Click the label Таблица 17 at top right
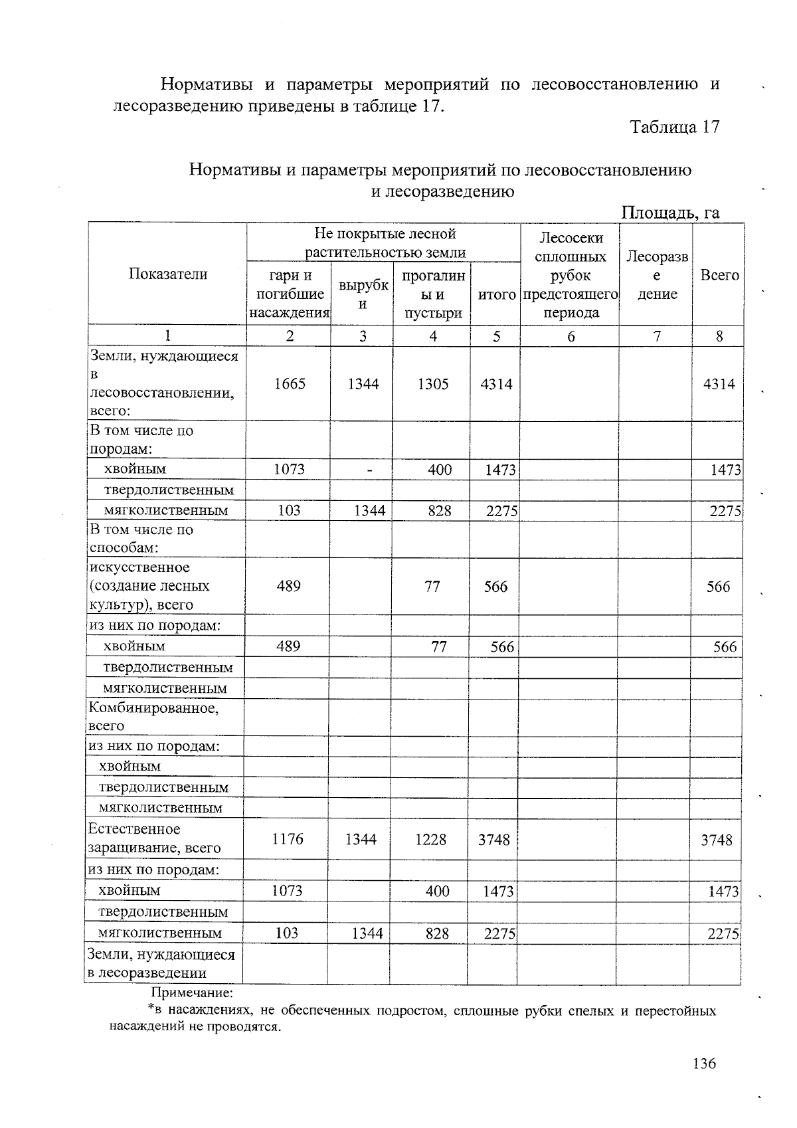pos(674,128)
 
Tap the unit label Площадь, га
pos(670,212)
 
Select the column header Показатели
pos(167,274)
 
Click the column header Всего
pos(719,275)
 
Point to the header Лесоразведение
pos(656,275)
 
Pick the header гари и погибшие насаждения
pos(290,294)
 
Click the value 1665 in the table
pos(290,384)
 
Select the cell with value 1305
pos(432,384)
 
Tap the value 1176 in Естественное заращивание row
pos(287,839)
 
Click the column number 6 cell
pos(570,336)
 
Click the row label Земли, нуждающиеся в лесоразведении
pos(161,964)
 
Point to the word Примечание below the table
pos(193,993)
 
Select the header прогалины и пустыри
pos(432,294)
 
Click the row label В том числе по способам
pos(141,539)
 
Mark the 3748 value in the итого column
pos(493,840)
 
